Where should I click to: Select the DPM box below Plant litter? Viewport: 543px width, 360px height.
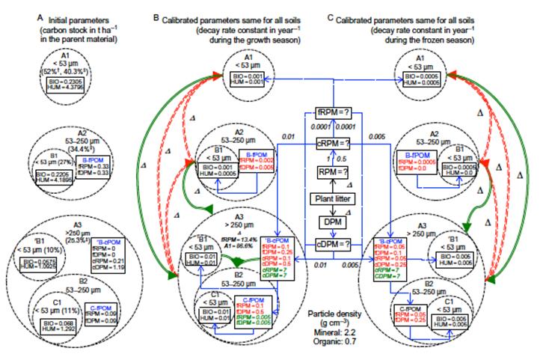(332, 222)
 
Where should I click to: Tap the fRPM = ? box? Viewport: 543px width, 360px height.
(332, 115)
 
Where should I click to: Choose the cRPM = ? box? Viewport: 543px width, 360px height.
(332, 142)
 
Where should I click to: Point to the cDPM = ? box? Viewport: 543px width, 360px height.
(332, 243)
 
